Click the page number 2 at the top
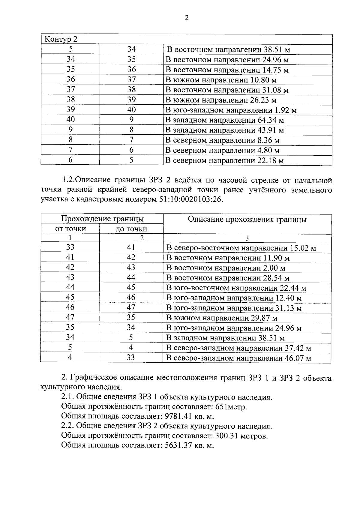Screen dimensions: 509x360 tap(187, 18)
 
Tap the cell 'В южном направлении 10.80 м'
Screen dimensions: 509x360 tap(221, 80)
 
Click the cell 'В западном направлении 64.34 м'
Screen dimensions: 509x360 tap(225, 120)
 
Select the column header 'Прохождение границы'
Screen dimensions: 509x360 tap(102, 219)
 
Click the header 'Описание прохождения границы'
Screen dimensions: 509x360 tap(247, 220)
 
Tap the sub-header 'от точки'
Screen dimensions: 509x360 tap(70, 229)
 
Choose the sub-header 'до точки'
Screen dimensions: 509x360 tap(131, 229)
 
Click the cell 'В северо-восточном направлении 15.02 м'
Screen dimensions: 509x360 tap(241, 248)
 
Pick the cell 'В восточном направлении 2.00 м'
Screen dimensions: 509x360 tap(226, 268)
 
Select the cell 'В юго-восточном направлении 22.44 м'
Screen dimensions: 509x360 tap(236, 288)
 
